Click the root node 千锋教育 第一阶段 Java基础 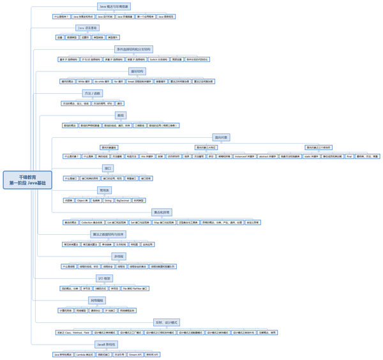point(27,179)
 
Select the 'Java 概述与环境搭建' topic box point(114,6)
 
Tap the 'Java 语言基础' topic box point(87,28)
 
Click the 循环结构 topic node point(137,71)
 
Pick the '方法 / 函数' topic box point(93,93)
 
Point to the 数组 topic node point(121,116)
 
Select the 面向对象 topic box point(221,137)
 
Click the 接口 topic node point(108,169)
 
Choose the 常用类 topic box point(104,190)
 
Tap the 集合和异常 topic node point(162,213)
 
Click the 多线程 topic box point(119,257)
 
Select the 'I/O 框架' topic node point(104,278)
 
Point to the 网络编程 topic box point(96,300)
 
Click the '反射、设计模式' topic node point(167,322)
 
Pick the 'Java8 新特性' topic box point(105,344)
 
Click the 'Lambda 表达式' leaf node point(84,354)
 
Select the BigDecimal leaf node point(123,200)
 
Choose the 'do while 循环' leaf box point(102,82)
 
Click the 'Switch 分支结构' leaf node point(158,59)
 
